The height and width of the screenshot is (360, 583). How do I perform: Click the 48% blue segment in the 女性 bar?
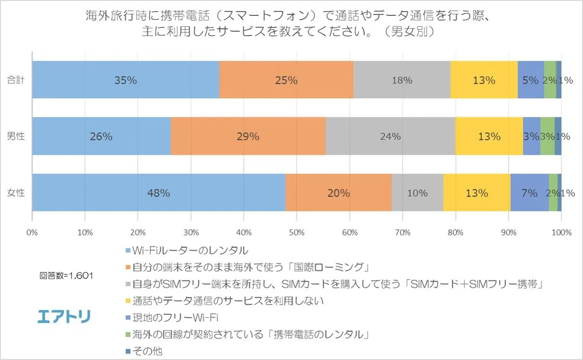[159, 193]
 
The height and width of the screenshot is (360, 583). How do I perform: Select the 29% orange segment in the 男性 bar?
[248, 136]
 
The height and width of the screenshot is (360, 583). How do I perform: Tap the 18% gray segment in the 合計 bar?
[402, 80]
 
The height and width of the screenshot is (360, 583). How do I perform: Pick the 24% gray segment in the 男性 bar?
[390, 136]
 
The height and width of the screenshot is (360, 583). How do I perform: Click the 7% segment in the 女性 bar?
[529, 193]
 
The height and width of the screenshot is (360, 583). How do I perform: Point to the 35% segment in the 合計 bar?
[125, 80]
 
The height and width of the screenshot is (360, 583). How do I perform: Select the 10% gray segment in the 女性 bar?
[417, 193]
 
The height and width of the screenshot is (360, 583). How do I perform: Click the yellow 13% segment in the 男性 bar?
[489, 136]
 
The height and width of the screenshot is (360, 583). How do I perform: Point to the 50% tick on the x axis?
[296, 232]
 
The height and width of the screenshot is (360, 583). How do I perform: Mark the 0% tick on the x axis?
[32, 232]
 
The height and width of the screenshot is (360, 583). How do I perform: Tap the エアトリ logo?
[64, 316]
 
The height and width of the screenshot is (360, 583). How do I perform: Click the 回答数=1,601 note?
[66, 276]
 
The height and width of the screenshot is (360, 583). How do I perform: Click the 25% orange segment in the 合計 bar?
[286, 80]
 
